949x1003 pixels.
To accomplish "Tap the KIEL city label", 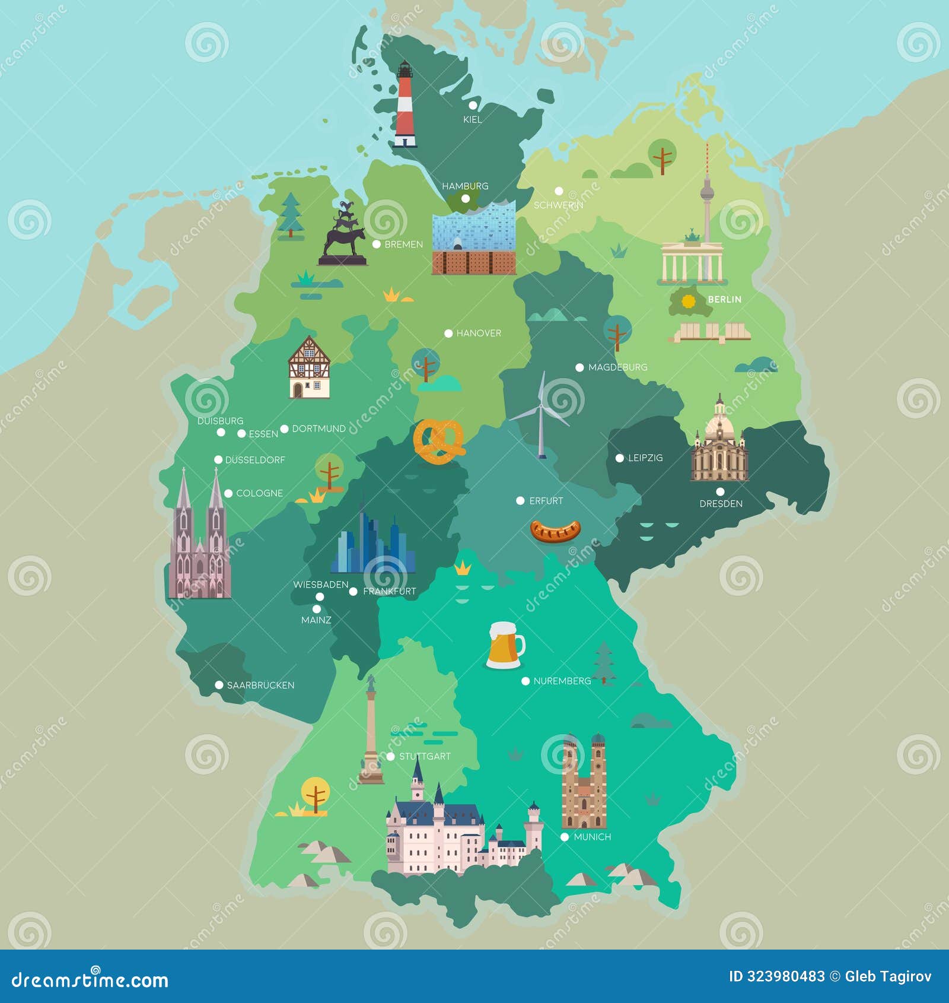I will (x=473, y=120).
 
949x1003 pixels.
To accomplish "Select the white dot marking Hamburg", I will (x=466, y=199).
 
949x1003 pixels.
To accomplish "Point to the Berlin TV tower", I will (x=706, y=196).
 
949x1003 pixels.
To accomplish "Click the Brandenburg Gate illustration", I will (x=692, y=261).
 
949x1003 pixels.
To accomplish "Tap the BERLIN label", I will (x=724, y=300).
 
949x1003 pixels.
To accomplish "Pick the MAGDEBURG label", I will (x=617, y=367).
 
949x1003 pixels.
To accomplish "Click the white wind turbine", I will (x=541, y=415).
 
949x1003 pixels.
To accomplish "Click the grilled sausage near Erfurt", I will (x=555, y=531).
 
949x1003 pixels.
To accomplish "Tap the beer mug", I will (x=505, y=645).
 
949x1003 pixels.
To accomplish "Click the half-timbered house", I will (x=309, y=368).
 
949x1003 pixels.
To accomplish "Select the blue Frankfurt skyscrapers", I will (x=372, y=543).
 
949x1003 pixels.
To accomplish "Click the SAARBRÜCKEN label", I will (x=260, y=685).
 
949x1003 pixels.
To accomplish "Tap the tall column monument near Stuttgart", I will (x=371, y=733).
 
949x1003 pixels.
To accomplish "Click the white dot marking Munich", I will (x=565, y=837).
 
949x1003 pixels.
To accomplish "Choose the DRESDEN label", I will (x=721, y=504).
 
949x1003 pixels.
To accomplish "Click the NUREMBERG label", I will (x=562, y=681).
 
